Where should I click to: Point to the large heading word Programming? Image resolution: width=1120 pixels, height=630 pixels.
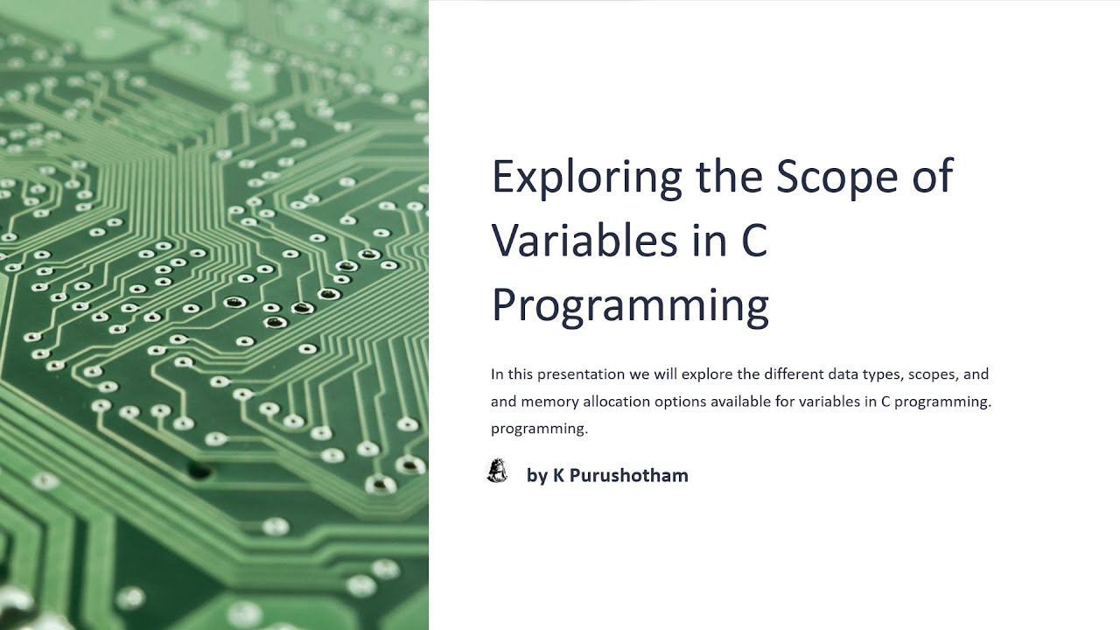pyautogui.click(x=630, y=304)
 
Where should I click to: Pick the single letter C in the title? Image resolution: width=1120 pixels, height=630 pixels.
pyautogui.click(x=754, y=240)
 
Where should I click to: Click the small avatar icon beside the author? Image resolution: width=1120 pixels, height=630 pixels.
pyautogui.click(x=497, y=472)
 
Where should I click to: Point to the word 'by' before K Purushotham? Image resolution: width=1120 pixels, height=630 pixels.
pyautogui.click(x=536, y=476)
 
